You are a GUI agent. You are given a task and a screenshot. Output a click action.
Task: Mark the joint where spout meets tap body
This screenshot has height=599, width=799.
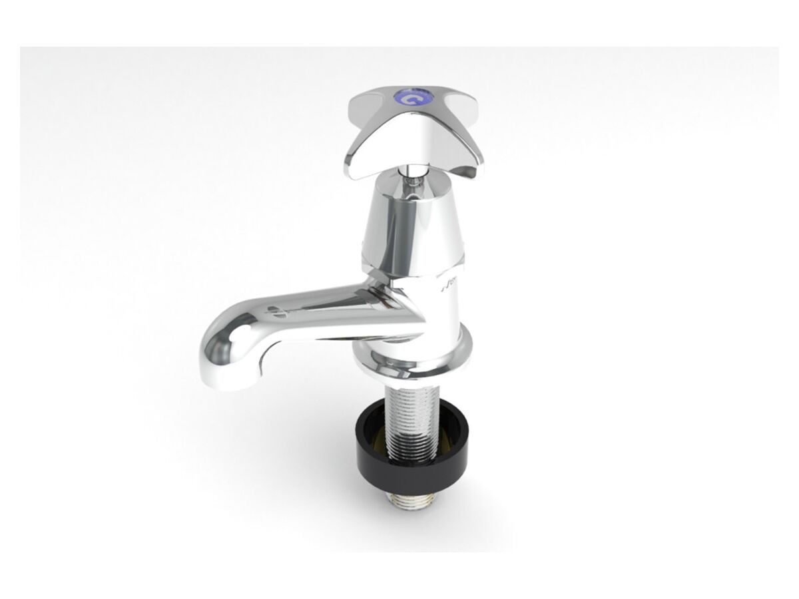(390, 306)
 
